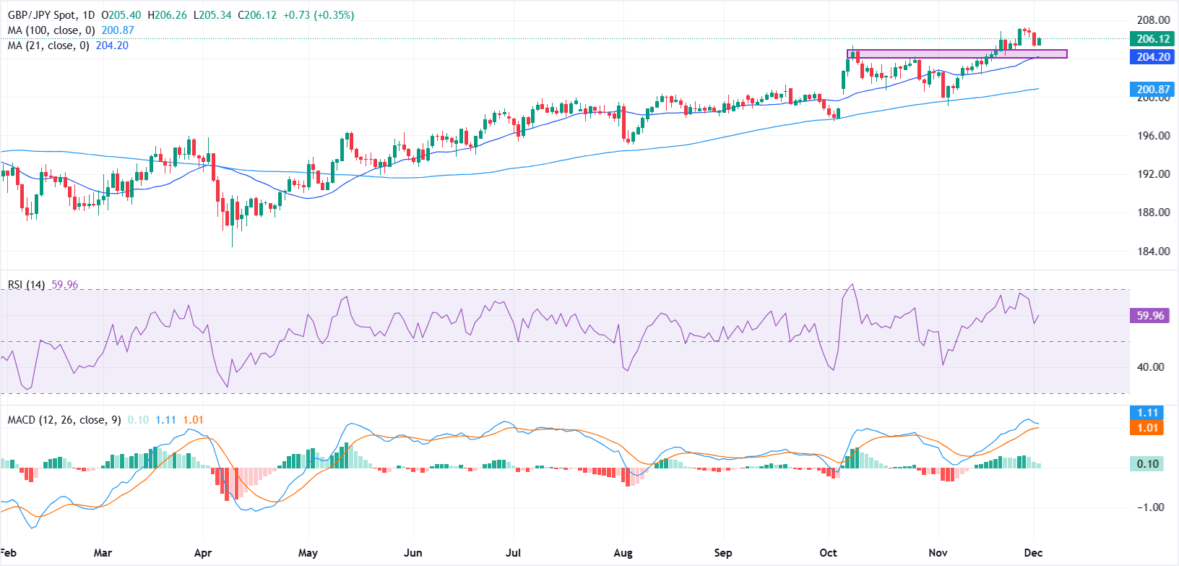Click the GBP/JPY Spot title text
point(41,15)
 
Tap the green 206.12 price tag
point(1153,39)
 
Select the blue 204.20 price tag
point(1153,56)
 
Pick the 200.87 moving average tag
point(1153,90)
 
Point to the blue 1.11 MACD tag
point(1147,413)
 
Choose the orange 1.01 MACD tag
point(1147,428)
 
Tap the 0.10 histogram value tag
point(1147,464)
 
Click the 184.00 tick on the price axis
point(1153,252)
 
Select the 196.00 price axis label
point(1153,136)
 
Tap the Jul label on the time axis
point(513,553)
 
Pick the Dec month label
point(1033,553)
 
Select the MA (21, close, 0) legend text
point(48,46)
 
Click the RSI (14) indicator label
point(27,285)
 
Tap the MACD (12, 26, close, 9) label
point(64,420)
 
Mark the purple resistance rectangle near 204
point(956,54)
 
